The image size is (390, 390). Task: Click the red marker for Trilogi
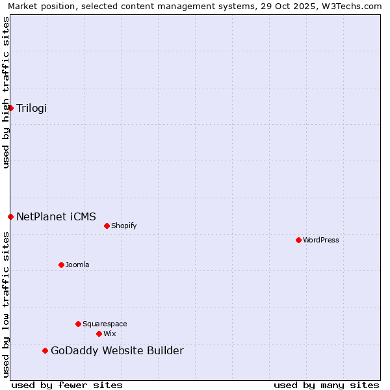coord(11,108)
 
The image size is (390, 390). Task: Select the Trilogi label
coord(32,108)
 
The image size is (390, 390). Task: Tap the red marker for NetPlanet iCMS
coord(11,216)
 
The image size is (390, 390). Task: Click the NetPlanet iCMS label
coord(56,216)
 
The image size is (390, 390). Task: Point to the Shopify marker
coord(107,226)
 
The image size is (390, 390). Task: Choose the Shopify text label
coord(123,226)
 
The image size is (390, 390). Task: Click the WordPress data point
coord(299,240)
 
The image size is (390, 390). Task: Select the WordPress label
coord(321,240)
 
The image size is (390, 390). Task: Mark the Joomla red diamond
coord(62,265)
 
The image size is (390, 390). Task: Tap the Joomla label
coord(77,265)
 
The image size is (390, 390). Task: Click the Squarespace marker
coord(79,324)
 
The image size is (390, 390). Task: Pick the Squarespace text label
coord(105,324)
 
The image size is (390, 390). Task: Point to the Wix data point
coord(99,333)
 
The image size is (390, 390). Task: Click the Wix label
coord(110,333)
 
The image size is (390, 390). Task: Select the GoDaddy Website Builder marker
coord(45,351)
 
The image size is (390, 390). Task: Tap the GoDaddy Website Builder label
coord(117,351)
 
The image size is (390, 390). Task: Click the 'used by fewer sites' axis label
coord(67,385)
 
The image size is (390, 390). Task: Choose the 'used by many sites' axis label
coord(326,385)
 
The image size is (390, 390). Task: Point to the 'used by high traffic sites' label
coord(6,92)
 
